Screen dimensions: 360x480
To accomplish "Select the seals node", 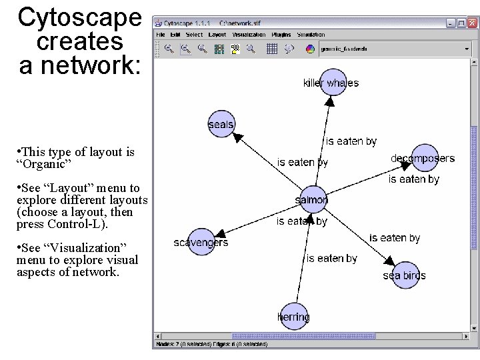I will point(221,125).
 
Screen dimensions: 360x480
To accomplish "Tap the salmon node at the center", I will point(313,199).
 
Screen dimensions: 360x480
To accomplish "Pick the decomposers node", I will point(424,158).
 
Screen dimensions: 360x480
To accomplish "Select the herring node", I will point(293,317).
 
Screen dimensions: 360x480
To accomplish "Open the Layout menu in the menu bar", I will point(217,35).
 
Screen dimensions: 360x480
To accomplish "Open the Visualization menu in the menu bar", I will point(249,35).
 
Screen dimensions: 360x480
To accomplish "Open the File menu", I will point(161,35).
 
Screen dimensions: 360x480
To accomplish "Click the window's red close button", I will point(472,23).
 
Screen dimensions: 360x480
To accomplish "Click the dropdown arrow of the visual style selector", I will point(467,49).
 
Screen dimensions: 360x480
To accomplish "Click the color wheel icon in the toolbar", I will point(310,49).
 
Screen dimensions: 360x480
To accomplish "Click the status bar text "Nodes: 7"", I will point(167,345).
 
